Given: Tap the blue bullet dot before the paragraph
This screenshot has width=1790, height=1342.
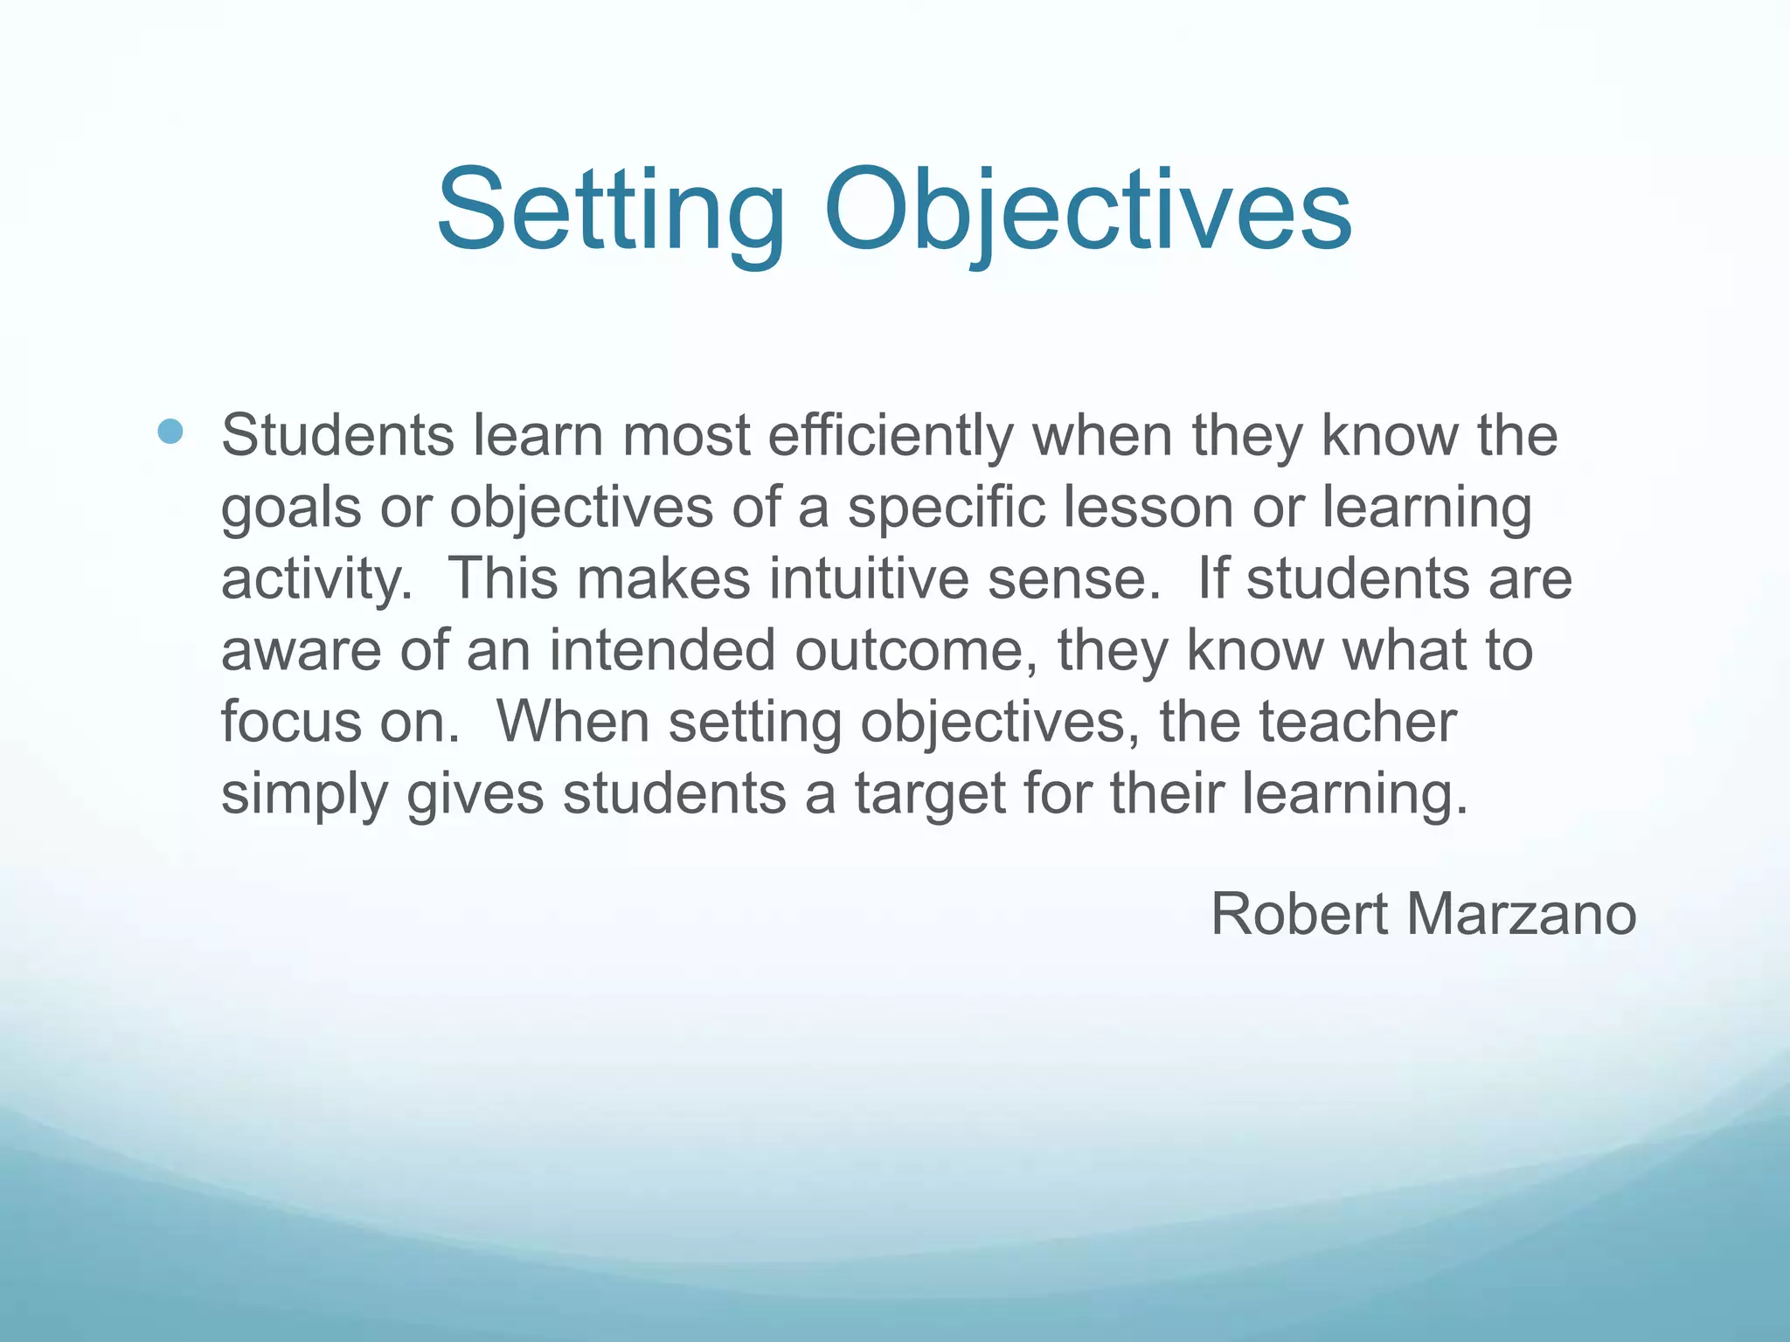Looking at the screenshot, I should (x=171, y=432).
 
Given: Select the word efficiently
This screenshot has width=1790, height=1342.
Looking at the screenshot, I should (x=891, y=436).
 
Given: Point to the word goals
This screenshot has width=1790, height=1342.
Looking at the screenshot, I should (x=290, y=508).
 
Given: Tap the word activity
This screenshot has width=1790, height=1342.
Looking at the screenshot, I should (x=316, y=580).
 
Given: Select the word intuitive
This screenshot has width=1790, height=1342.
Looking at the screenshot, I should (x=869, y=579).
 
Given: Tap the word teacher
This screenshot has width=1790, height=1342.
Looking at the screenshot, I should (x=1357, y=723).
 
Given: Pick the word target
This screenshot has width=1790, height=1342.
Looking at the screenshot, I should (x=930, y=795).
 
